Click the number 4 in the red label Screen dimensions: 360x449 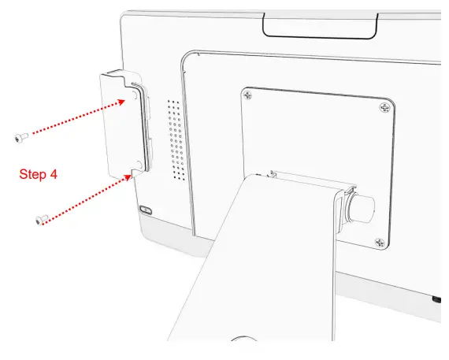[53, 173]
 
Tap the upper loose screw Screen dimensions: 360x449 [20, 137]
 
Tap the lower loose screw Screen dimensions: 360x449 [42, 220]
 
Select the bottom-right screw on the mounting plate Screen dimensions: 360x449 [380, 242]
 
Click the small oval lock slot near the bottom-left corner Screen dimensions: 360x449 [145, 210]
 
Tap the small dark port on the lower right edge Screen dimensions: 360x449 [436, 299]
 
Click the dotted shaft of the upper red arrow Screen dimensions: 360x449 [71, 119]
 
